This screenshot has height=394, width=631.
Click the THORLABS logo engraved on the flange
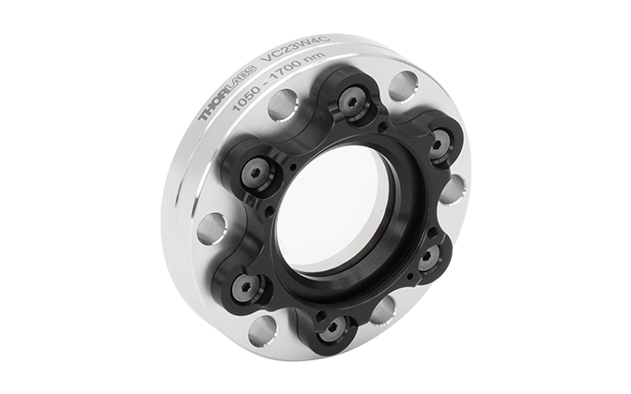pos(228,92)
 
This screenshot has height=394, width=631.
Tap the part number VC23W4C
pos(296,48)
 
